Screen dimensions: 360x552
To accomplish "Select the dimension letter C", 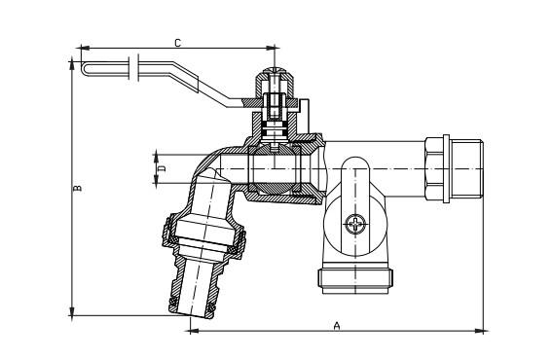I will [x=176, y=42].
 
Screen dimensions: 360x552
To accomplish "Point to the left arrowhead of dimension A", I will [x=191, y=332].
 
